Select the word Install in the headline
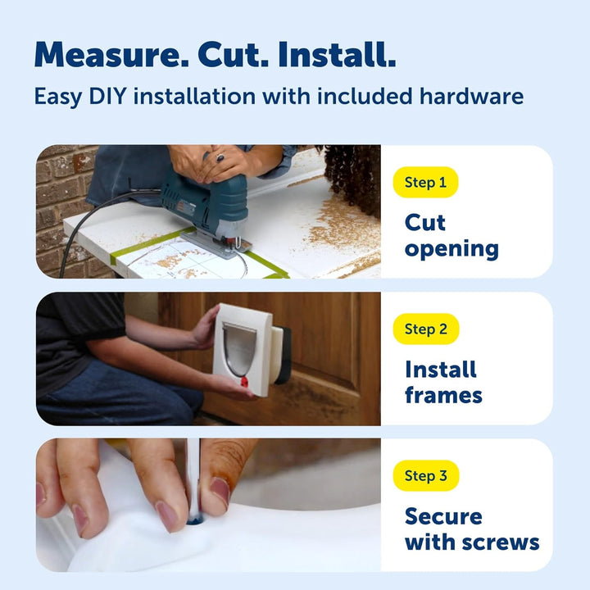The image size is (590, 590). point(337,55)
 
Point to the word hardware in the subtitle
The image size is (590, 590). point(471,97)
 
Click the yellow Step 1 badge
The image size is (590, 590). point(425,183)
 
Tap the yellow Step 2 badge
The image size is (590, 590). point(426,329)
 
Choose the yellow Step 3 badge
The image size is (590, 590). point(426,475)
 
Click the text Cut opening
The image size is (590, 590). point(452,236)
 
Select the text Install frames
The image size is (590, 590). point(443,383)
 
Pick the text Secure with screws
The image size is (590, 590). point(472,529)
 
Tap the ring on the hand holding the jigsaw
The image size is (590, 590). point(220,157)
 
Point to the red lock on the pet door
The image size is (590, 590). point(244,383)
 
